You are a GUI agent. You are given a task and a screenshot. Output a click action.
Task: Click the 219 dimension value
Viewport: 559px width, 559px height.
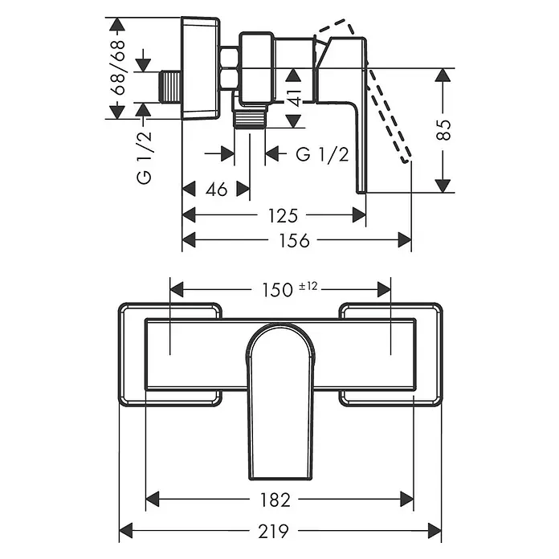[x=273, y=532]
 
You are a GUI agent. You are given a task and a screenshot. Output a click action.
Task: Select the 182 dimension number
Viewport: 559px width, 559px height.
[x=275, y=500]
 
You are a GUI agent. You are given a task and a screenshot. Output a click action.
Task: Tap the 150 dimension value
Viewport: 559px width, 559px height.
[x=277, y=290]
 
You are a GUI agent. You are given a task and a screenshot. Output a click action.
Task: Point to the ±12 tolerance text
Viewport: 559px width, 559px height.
[x=308, y=286]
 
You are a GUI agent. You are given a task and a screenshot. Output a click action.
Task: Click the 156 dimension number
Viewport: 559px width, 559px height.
[x=294, y=241]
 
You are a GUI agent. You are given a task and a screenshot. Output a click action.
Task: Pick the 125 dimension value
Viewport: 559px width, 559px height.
[x=283, y=216]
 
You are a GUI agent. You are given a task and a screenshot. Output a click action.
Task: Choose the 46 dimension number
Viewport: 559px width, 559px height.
[x=216, y=190]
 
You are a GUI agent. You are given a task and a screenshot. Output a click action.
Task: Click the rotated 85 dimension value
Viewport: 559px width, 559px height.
[x=444, y=130]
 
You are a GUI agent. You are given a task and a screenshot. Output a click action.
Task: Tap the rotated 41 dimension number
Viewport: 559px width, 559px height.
[x=295, y=98]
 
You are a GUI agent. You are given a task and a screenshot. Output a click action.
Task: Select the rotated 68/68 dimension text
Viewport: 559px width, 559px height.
[x=118, y=67]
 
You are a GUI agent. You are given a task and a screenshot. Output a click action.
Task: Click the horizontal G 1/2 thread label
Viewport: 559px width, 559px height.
[x=322, y=154]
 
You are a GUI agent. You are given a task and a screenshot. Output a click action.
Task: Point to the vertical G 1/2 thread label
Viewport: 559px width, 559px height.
[x=145, y=157]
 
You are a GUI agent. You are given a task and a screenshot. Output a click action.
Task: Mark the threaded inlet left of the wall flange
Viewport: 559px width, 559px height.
[x=170, y=88]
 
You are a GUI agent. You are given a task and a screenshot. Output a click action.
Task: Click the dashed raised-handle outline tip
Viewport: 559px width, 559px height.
[x=406, y=160]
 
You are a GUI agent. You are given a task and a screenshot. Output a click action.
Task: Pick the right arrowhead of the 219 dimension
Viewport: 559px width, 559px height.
[x=435, y=530]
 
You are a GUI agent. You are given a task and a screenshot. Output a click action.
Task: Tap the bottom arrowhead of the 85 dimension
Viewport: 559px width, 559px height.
[x=443, y=186]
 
